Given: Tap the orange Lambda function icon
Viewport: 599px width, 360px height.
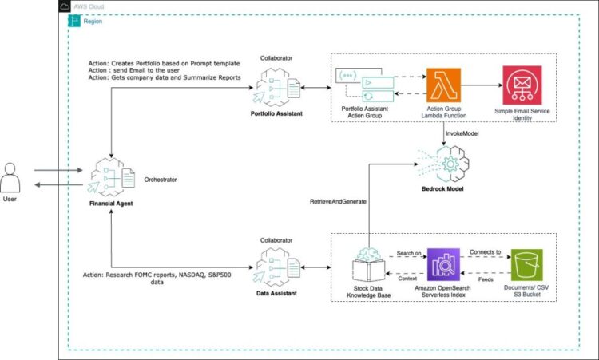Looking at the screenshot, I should click(x=442, y=85).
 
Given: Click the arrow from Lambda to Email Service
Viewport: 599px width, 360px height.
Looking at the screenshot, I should click(x=479, y=85).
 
